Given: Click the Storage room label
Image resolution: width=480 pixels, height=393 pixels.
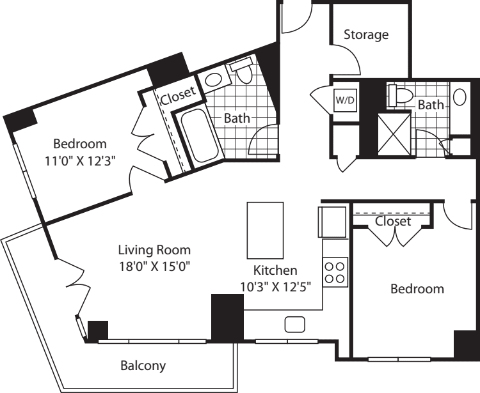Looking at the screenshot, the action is pos(366,35).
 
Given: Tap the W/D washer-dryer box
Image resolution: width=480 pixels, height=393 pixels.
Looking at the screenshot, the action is pos(346,100).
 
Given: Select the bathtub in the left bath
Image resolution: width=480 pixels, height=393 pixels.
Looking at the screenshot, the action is pos(199,135).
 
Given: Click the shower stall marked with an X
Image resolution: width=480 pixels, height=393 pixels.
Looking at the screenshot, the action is pos(394,134).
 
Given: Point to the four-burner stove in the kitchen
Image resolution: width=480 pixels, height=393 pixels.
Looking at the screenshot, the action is pos(335,272).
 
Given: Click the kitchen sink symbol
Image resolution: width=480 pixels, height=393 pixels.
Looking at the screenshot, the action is pos(295,324).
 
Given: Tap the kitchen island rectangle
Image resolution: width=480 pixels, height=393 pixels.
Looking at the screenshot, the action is pos(265,231).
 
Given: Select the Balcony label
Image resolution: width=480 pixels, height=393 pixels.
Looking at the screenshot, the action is pos(143,366).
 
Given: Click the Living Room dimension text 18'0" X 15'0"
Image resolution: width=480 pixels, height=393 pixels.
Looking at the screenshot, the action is pos(155,266).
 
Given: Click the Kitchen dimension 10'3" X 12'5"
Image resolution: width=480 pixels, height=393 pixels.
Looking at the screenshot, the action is pos(275,287).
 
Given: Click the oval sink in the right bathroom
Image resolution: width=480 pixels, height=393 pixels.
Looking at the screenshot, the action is pos(460,97).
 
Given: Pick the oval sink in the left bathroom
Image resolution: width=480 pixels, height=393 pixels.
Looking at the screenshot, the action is pos(214,80).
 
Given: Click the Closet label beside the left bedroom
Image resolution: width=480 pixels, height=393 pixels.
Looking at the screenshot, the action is pos(178,96).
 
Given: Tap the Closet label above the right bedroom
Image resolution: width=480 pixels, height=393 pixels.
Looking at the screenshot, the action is pos(393,221).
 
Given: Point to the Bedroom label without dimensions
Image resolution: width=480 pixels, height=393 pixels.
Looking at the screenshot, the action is pos(417,289).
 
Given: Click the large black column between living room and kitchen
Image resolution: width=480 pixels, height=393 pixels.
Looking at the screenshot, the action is pos(227,318).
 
